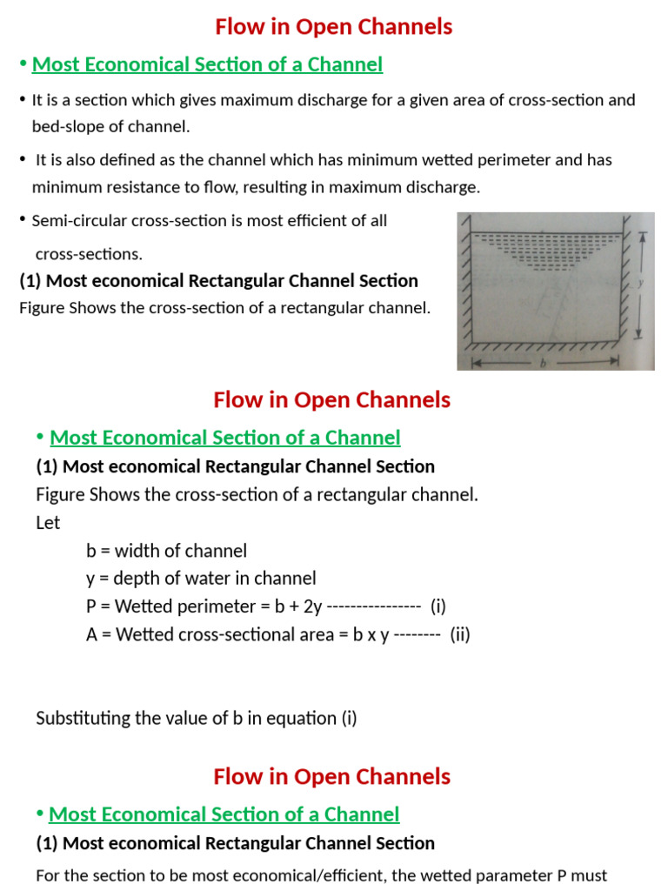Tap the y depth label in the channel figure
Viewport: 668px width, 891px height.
[x=639, y=283]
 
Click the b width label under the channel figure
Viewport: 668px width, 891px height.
[x=543, y=365]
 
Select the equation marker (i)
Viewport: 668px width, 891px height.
[x=438, y=606]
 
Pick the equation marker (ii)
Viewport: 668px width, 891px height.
[x=460, y=634]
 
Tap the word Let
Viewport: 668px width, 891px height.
[x=49, y=523]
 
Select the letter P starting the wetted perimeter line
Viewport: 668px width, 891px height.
[x=91, y=606]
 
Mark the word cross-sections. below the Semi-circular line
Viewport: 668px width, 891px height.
[x=89, y=254]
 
